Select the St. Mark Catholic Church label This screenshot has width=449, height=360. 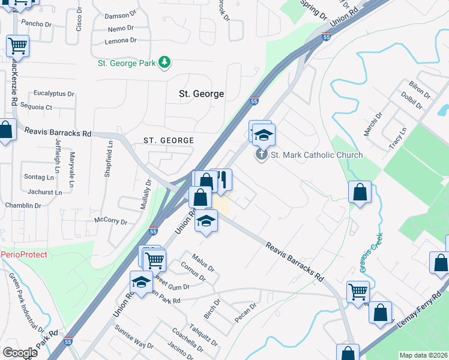point(317,155)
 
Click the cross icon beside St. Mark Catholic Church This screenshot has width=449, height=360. point(261,155)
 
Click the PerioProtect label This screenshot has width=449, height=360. point(24,254)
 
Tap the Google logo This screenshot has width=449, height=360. point(20,352)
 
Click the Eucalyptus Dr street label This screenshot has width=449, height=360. point(53,94)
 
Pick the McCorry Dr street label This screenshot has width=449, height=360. point(111,221)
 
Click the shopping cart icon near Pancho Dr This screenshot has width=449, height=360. point(17,45)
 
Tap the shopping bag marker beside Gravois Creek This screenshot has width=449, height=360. point(360,193)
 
